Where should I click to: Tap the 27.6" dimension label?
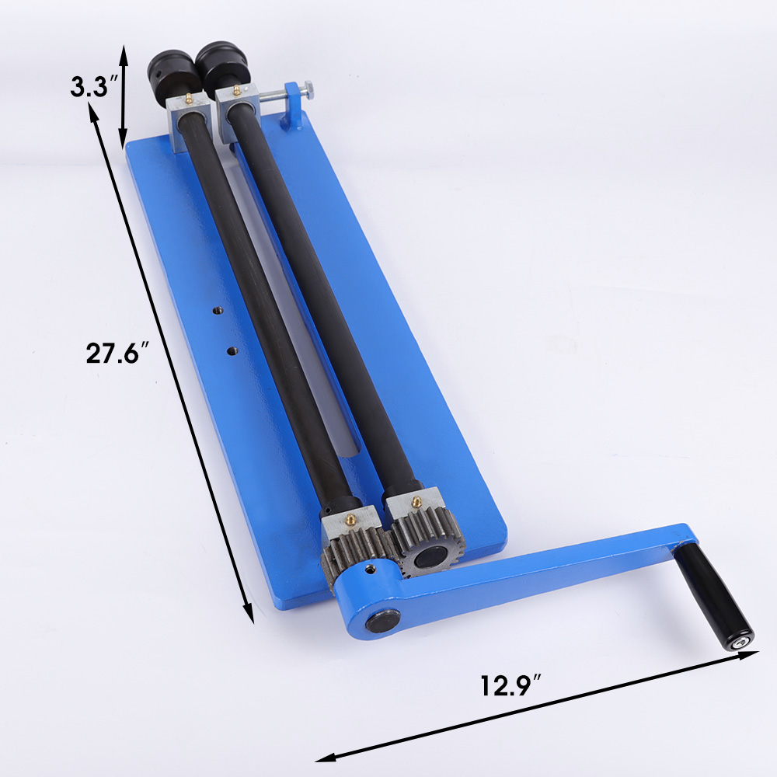[118, 353]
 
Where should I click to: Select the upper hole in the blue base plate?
[217, 311]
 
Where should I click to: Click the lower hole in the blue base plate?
[231, 351]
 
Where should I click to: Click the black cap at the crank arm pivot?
[384, 620]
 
